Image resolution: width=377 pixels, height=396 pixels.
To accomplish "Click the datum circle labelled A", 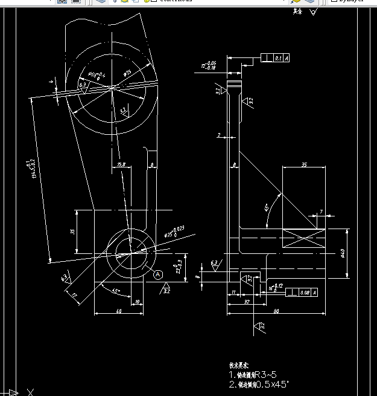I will tap(158, 274).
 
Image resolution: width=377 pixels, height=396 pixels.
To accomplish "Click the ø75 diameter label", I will tap(128, 73).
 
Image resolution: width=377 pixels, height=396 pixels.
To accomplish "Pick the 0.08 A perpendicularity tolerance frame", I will tap(300, 293).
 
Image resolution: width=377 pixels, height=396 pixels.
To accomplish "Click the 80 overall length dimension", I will tap(276, 311).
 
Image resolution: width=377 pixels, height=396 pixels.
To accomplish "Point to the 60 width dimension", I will tap(118, 311).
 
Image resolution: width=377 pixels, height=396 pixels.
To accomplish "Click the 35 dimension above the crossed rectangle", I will tap(304, 164).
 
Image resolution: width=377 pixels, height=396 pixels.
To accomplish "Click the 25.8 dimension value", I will tap(121, 164).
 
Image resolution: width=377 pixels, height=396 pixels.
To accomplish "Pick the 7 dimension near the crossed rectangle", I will tap(322, 212).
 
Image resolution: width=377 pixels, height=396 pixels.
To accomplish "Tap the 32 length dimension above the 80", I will tap(247, 301).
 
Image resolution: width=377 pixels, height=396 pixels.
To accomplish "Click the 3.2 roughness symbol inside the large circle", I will tap(123, 111).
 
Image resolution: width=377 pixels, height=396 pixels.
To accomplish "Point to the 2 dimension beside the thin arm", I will tap(219, 135).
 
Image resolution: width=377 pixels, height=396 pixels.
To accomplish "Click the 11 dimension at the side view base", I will tap(233, 293).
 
